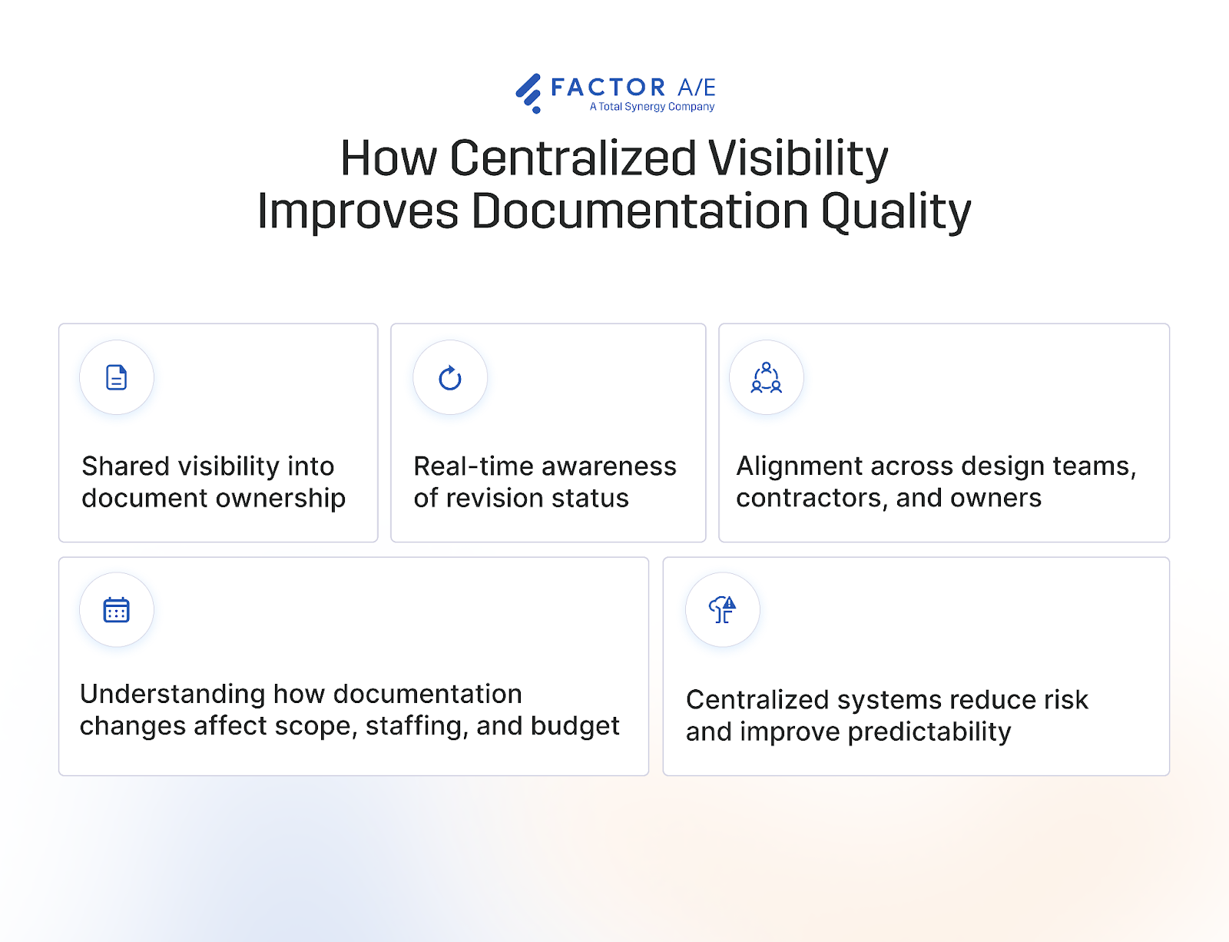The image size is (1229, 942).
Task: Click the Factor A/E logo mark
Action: (x=528, y=93)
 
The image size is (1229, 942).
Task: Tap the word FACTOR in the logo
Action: (x=608, y=88)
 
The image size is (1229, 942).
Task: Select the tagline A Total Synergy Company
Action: (x=652, y=107)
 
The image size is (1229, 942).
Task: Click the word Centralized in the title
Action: (x=572, y=158)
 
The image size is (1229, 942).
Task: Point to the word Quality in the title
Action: (x=896, y=212)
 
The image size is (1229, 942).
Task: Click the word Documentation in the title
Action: (x=640, y=211)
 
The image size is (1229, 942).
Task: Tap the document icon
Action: (x=117, y=377)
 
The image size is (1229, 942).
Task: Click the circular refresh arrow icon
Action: (x=450, y=378)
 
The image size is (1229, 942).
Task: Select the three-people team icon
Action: (x=767, y=378)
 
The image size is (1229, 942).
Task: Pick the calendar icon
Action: (x=117, y=610)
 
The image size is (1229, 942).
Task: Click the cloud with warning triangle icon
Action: (x=723, y=610)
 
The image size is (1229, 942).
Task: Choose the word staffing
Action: (x=417, y=726)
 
